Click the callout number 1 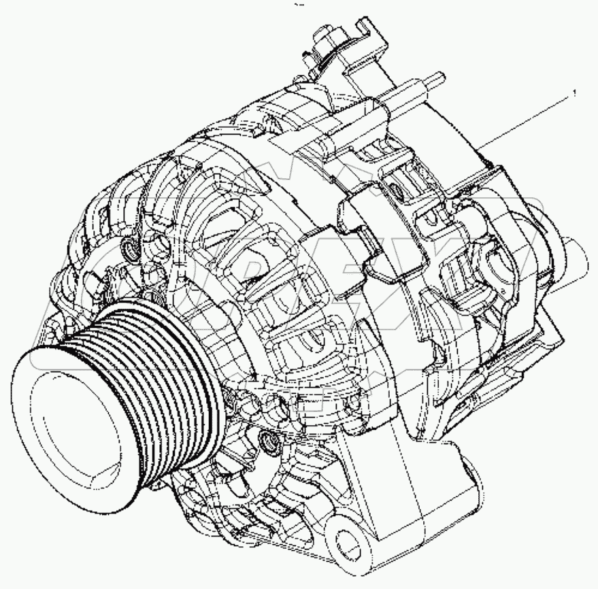[x=575, y=90]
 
